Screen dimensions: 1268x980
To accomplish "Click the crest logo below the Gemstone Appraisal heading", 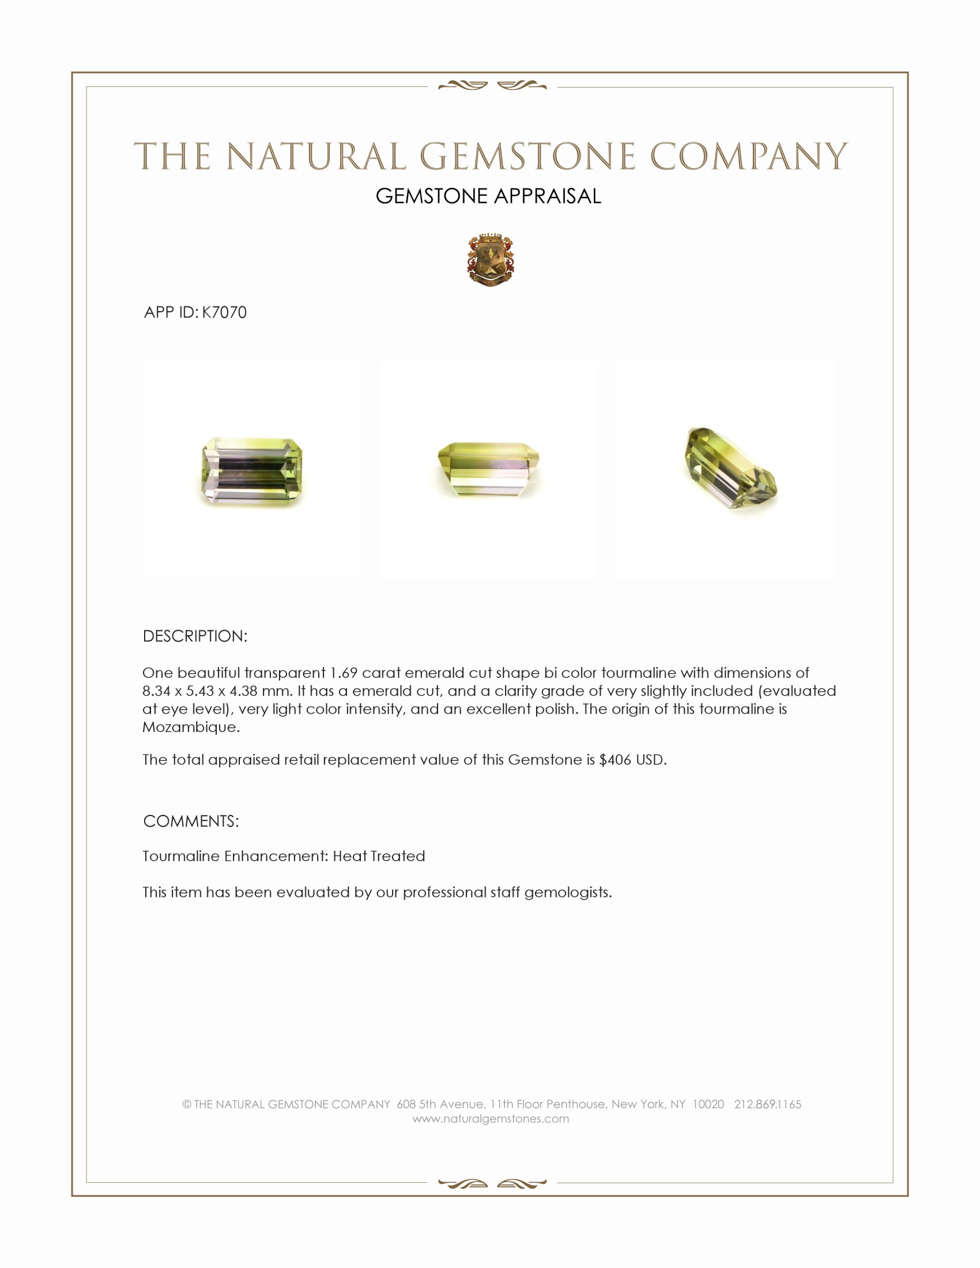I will (x=491, y=260).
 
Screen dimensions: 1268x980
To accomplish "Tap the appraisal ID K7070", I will (x=224, y=312).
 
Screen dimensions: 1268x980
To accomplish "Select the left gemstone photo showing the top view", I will (x=252, y=471).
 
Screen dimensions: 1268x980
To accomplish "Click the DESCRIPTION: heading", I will (x=195, y=636).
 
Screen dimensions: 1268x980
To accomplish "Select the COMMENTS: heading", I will (x=191, y=821).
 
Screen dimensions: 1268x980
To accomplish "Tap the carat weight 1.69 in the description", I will (x=344, y=673).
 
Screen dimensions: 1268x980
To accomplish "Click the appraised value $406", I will (x=615, y=760).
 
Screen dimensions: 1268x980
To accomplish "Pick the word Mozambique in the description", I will (x=190, y=727).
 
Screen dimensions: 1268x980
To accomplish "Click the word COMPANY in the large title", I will (x=748, y=157).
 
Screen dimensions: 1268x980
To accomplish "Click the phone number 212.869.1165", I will (x=767, y=1104).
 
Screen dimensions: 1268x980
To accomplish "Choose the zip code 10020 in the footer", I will (x=708, y=1104).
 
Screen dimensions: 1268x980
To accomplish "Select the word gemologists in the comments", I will (x=568, y=892).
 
